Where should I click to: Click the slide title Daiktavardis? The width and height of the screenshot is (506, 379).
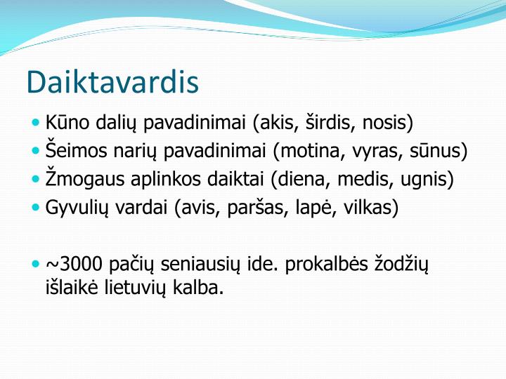(x=112, y=82)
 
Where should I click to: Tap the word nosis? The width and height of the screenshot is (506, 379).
(x=385, y=123)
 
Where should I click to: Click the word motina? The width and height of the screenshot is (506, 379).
(x=309, y=151)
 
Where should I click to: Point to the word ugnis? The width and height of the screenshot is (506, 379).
(x=424, y=179)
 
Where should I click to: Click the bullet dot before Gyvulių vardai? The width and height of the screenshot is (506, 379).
(x=37, y=208)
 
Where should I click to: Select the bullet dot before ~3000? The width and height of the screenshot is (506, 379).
(x=37, y=264)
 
